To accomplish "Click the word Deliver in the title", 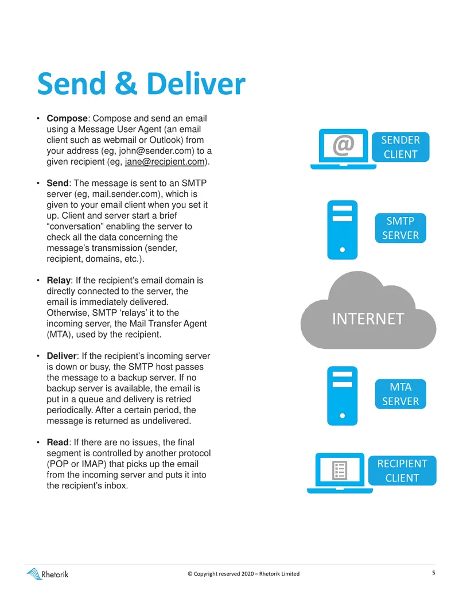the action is [196, 83].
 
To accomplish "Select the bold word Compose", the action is [67, 119].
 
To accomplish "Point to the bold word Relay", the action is [59, 281].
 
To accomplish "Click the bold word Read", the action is [57, 442].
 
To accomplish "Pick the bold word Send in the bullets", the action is [57, 183].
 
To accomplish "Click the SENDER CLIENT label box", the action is [400, 147].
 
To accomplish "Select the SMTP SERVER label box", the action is [400, 228].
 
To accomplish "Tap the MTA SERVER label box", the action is [400, 394].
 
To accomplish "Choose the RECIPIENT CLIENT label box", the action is [402, 471].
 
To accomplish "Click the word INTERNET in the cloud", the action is [368, 319].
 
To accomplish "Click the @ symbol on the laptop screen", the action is [344, 145].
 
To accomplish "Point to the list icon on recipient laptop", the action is [339, 470].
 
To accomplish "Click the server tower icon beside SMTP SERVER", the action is [343, 230].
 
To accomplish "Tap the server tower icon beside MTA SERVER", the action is [343, 396].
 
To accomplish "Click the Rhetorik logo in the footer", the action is [48, 574].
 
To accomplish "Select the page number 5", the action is [434, 573].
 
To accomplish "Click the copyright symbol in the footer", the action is [190, 573].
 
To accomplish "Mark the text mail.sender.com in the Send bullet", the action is [126, 194].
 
